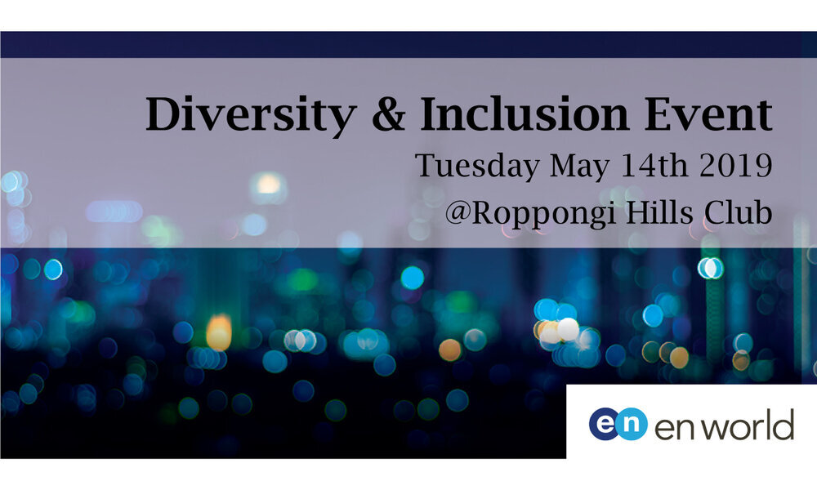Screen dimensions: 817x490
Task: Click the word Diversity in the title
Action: [251, 115]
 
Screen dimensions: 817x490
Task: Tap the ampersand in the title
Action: [389, 114]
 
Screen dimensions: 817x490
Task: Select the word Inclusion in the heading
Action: [525, 113]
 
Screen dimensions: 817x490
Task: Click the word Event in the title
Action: [708, 114]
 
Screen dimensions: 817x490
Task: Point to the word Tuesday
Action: [477, 166]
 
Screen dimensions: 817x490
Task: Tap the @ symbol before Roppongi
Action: [458, 212]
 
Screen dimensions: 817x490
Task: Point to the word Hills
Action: [659, 212]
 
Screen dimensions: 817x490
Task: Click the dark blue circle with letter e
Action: [605, 424]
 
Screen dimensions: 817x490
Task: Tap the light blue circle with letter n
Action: [632, 424]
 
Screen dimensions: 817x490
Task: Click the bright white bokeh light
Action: [568, 329]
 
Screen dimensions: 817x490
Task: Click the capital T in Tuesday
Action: [426, 166]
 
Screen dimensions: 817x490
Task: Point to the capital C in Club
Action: [716, 212]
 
